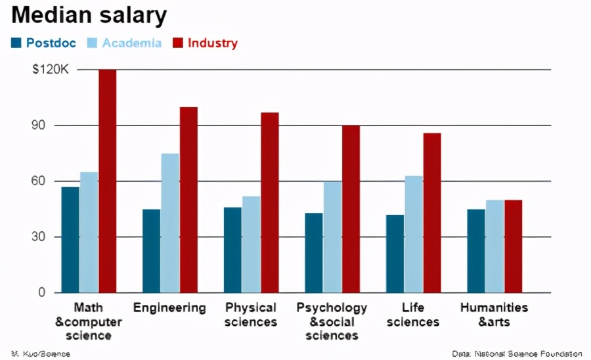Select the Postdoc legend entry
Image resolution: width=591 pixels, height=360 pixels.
tap(44, 43)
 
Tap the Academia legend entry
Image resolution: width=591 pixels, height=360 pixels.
tap(125, 43)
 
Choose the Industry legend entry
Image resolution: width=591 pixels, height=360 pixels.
tap(205, 43)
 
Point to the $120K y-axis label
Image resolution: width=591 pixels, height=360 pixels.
tap(50, 70)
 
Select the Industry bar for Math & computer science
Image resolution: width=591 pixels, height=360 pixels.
tap(107, 181)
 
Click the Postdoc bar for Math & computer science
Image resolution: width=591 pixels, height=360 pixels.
tap(70, 240)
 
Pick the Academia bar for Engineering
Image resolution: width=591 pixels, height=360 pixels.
tap(170, 223)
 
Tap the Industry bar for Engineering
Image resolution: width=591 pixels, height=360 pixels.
tap(188, 200)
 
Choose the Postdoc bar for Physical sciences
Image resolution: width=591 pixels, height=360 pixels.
tap(232, 250)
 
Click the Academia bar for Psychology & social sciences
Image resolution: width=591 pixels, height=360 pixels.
tap(332, 236)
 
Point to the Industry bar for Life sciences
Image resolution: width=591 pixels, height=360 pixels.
tap(432, 213)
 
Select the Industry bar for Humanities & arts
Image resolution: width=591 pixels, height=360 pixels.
tap(514, 246)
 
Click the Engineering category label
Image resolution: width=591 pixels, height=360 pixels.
tap(169, 307)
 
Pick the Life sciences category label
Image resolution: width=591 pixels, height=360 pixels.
tap(412, 315)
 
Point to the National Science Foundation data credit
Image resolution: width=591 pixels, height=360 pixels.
tap(517, 354)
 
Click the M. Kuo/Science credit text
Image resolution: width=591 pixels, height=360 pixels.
tap(40, 354)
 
